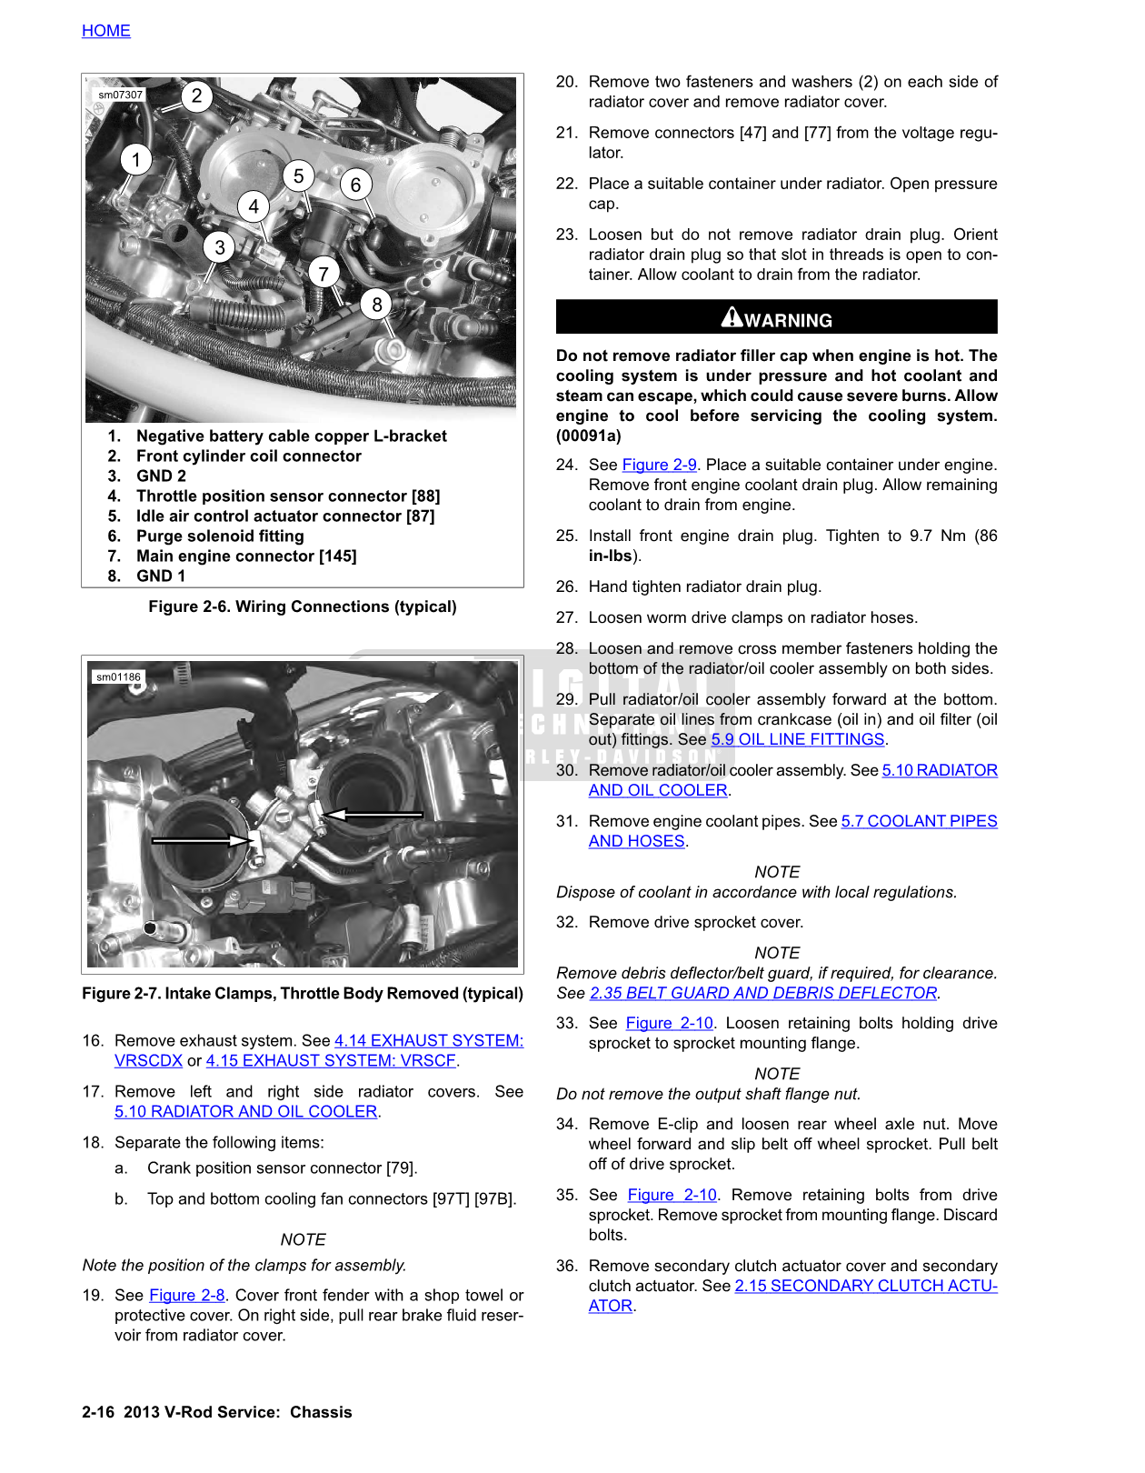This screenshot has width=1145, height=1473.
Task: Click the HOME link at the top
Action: [x=106, y=31]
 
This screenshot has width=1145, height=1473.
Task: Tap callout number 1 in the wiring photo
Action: [x=136, y=160]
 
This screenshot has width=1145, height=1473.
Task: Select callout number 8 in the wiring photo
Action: [x=377, y=305]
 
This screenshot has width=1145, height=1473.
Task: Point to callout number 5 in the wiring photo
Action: [x=298, y=175]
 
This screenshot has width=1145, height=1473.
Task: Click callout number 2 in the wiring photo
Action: [x=196, y=96]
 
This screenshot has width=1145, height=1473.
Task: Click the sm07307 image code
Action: [x=121, y=95]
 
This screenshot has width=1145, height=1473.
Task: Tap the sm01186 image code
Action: [x=119, y=676]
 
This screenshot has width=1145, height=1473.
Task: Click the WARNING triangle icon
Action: [x=732, y=317]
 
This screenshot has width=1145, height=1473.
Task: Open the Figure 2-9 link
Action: [x=659, y=465]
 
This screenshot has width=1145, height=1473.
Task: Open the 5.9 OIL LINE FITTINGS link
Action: [x=797, y=739]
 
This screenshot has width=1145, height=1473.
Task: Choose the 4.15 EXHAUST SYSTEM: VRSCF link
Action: [x=331, y=1060]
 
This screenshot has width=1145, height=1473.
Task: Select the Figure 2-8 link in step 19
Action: [x=186, y=1295]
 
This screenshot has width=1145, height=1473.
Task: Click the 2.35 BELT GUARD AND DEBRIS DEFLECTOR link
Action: [x=763, y=993]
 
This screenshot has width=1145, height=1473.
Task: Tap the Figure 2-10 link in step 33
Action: [x=669, y=1023]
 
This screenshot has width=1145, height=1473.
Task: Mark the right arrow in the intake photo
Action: [x=373, y=814]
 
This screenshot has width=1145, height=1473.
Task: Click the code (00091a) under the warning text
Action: [x=589, y=436]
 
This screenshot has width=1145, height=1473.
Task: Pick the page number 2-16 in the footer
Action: [x=98, y=1412]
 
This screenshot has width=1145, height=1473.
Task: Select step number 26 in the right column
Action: [x=567, y=586]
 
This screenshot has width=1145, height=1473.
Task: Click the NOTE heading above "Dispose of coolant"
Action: [x=777, y=872]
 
